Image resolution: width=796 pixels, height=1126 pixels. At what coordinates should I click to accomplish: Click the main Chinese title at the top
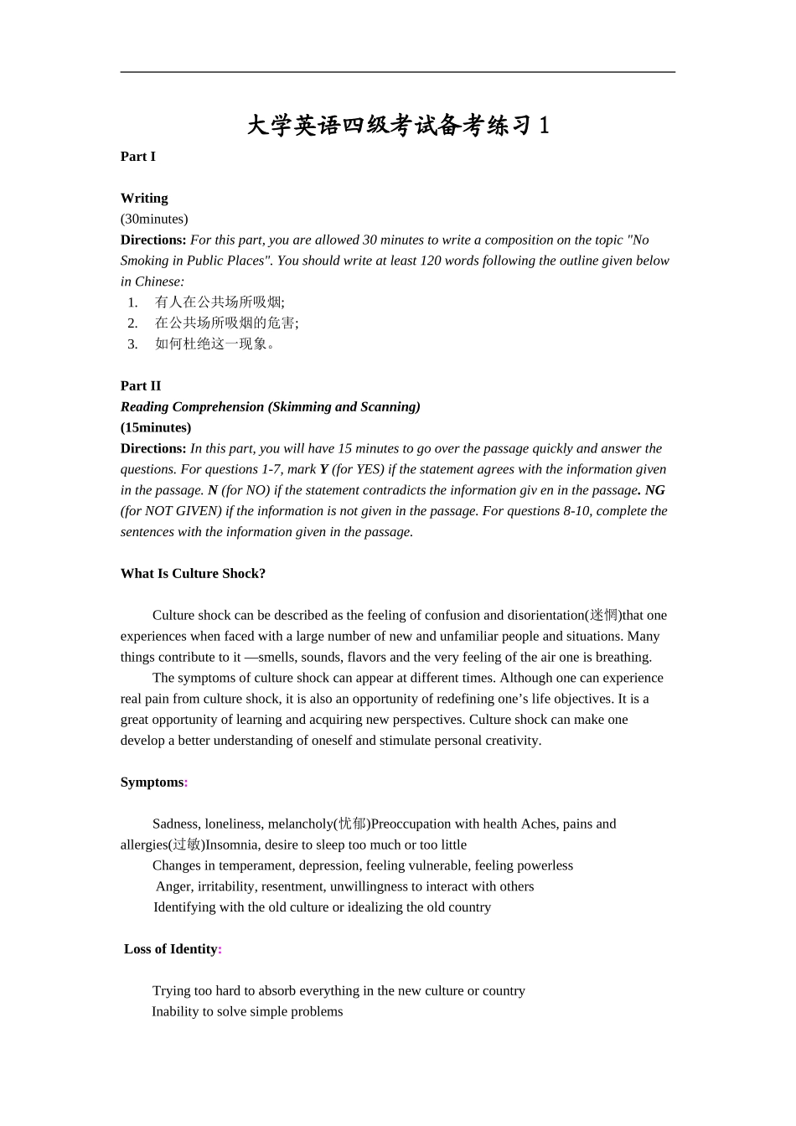398,126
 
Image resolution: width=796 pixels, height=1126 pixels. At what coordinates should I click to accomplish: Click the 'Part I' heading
138,157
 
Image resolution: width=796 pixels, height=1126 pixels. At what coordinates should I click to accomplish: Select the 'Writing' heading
144,199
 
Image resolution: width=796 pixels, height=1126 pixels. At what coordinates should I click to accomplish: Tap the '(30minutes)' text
154,220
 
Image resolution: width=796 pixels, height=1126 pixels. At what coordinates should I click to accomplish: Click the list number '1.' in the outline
132,302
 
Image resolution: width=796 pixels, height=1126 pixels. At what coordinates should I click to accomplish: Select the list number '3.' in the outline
132,344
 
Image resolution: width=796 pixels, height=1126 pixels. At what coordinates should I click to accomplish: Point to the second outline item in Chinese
226,323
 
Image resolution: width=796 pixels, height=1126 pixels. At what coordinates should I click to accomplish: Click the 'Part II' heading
141,386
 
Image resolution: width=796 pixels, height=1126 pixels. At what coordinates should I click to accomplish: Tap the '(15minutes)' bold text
156,428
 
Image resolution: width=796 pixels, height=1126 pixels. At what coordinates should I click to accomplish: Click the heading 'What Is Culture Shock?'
193,574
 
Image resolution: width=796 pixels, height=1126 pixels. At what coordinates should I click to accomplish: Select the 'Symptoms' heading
152,783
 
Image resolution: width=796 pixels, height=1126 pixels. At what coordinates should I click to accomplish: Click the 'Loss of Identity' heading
171,949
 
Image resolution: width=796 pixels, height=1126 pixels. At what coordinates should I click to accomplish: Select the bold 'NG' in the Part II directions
654,491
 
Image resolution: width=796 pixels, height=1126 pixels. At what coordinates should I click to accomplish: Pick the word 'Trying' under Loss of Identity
171,991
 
